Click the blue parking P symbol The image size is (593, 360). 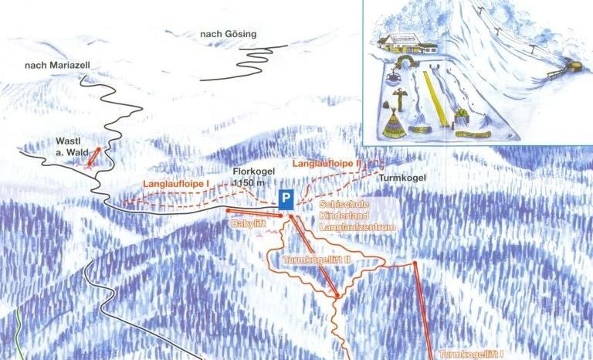[286, 199]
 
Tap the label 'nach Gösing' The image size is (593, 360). [227, 34]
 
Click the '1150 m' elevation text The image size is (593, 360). [252, 183]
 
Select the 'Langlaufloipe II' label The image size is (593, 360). [326, 164]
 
